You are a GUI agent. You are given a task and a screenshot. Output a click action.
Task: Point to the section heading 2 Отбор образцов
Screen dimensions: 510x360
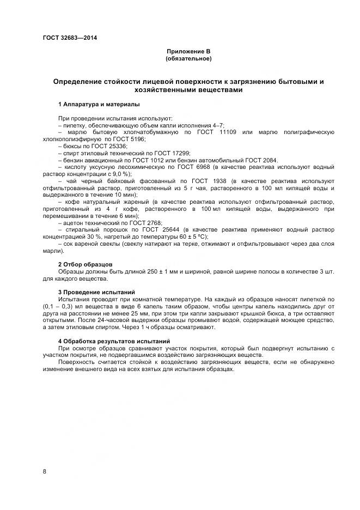[x=81, y=264]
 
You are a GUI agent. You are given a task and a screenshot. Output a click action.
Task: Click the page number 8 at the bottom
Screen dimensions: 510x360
[x=44, y=471]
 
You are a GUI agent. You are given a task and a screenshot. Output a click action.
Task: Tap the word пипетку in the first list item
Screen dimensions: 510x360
[x=75, y=125]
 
